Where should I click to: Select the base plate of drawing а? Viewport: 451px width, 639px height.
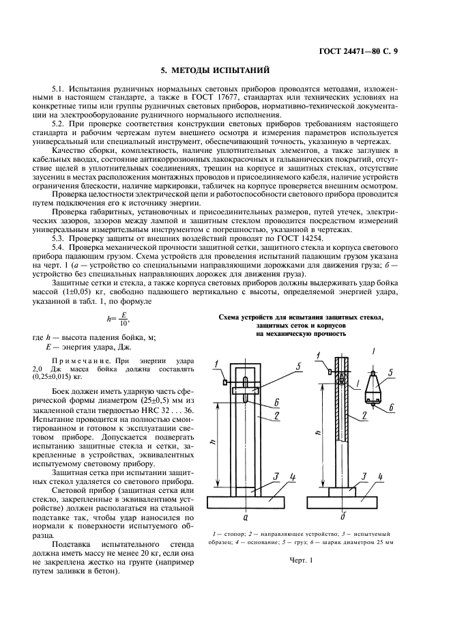coord(245,502)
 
